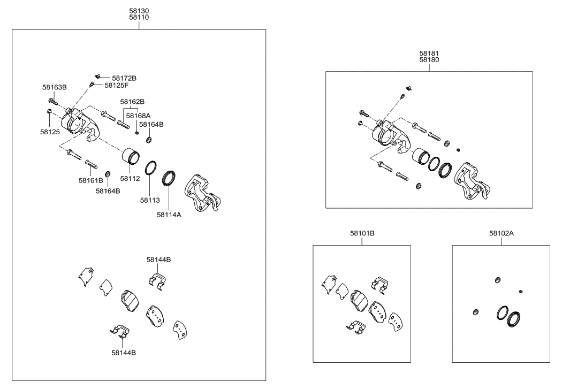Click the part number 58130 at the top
coord(139,10)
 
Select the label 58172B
coord(124,78)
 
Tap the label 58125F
coord(116,85)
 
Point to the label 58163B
coord(55,87)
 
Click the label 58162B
coord(132,101)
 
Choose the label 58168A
coord(138,115)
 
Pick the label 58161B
coord(91,180)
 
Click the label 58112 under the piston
coord(130,179)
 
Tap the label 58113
coord(149,200)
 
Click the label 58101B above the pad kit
coord(362,233)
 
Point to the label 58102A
coord(501,233)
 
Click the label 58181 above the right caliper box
coord(429,54)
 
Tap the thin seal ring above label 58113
coord(151,167)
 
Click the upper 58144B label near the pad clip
coord(158,260)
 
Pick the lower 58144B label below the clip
coord(124,353)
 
